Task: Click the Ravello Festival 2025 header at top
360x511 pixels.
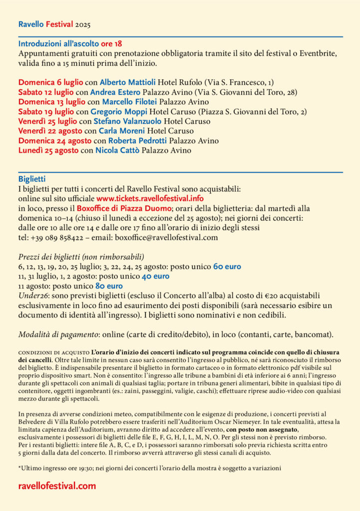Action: tap(54, 24)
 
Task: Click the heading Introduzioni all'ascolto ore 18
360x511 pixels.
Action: tap(70, 43)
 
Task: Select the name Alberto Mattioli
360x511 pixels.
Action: tap(128, 82)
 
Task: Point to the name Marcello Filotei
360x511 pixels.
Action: tap(131, 102)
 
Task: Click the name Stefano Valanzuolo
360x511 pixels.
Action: tap(127, 121)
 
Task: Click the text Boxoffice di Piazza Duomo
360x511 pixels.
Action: tap(124, 208)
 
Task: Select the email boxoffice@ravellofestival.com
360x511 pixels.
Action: tap(169, 238)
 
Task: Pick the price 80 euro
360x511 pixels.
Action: tap(109, 286)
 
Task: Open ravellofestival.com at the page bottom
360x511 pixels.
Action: tap(57, 486)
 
